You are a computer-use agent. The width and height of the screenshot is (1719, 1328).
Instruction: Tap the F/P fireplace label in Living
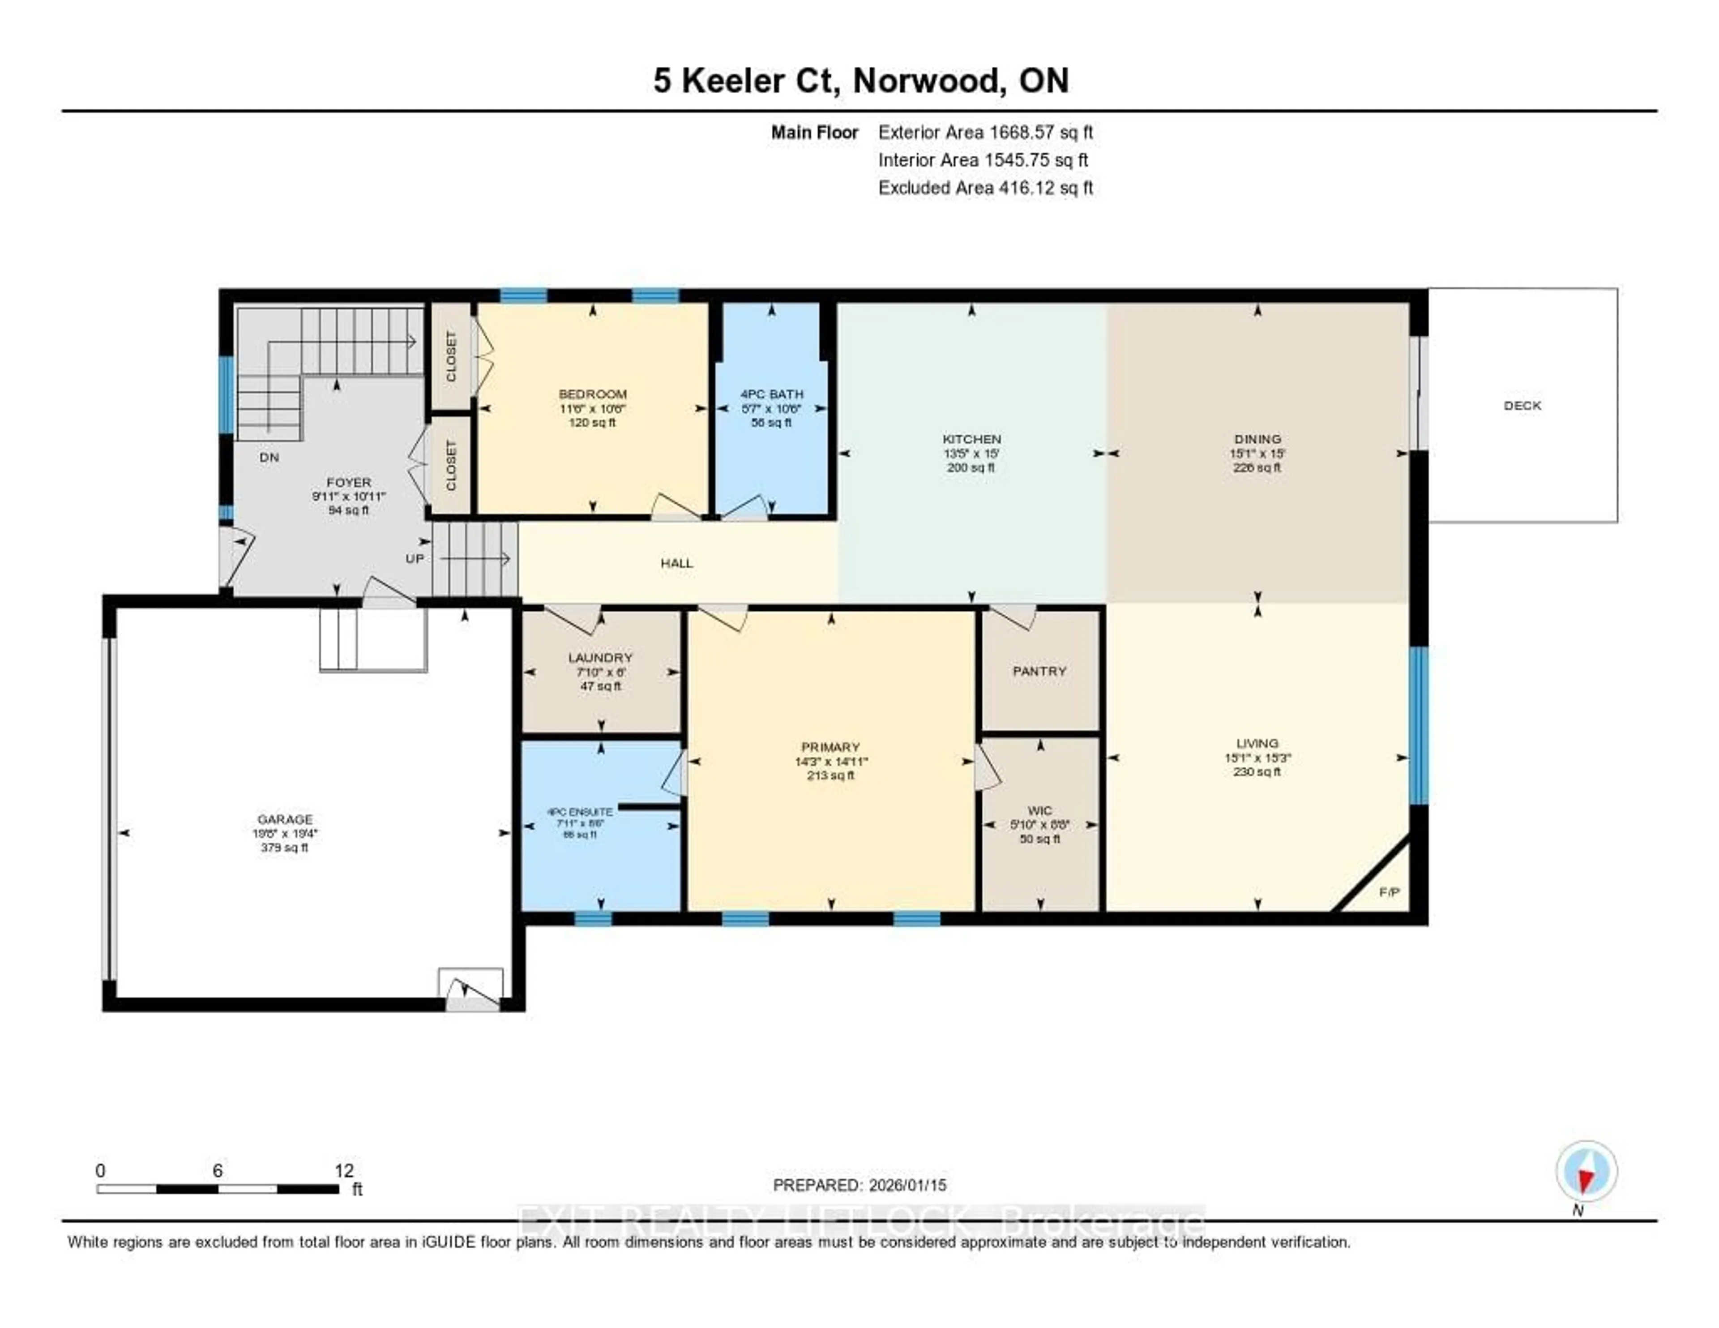1389,892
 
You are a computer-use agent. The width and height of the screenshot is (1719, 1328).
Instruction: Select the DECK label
1522,405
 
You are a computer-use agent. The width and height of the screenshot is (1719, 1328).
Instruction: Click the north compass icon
1586,1171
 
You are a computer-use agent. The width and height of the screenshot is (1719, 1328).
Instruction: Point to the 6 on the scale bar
217,1170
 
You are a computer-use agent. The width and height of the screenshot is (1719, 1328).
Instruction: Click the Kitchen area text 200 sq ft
971,467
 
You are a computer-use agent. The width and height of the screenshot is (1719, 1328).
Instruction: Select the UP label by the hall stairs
415,558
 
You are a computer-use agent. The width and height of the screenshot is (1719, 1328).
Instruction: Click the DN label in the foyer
269,457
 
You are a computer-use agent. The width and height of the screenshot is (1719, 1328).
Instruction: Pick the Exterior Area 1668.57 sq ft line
985,132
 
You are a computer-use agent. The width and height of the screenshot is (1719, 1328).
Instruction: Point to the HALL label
676,563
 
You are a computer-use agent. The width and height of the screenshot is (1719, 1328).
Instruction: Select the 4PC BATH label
771,394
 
